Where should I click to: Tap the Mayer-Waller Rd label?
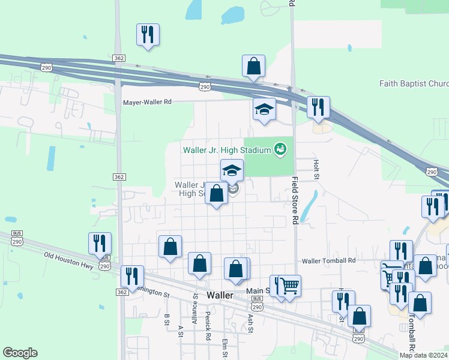click(147, 102)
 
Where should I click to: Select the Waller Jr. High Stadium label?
click(226, 148)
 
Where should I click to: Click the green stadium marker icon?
click(280, 148)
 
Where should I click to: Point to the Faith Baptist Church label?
click(414, 83)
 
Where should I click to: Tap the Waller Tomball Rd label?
click(328, 261)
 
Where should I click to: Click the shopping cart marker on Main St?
click(289, 285)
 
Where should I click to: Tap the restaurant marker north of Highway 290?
click(148, 34)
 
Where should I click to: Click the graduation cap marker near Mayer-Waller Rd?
click(264, 110)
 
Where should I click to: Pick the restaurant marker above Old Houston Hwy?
click(100, 243)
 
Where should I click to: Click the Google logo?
click(19, 353)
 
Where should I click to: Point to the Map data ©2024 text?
click(423, 355)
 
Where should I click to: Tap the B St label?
click(167, 319)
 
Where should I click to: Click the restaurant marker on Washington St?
click(132, 276)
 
